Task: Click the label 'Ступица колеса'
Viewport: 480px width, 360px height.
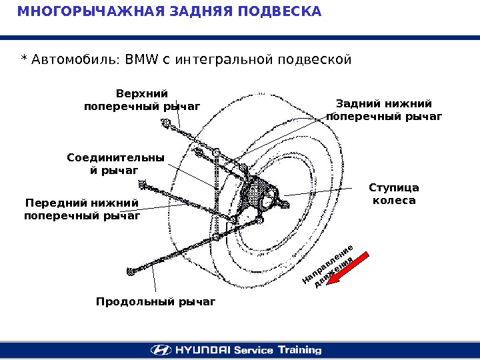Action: pos(393,193)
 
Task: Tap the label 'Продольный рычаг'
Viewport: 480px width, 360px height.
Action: pos(156,302)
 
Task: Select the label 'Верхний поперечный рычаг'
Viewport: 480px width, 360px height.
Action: pos(142,99)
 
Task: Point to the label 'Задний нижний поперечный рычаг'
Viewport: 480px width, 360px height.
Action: pos(384,110)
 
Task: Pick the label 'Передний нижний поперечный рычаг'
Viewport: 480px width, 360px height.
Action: pos(82,209)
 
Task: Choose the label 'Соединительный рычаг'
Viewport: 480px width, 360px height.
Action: pos(115,164)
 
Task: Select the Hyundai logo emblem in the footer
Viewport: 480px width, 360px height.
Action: pos(159,349)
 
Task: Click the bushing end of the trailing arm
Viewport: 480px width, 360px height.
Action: pos(131,271)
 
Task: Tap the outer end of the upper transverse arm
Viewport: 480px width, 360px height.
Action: pos(164,122)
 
